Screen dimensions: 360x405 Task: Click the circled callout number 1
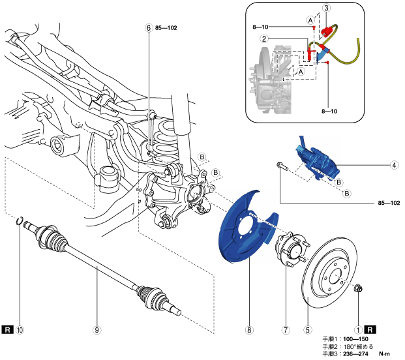point(357,330)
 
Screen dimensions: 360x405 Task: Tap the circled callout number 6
point(149,28)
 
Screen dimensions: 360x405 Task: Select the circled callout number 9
point(97,330)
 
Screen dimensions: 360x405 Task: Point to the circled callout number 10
point(20,330)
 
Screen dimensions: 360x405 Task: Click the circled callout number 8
point(248,330)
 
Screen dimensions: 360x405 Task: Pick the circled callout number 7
point(285,330)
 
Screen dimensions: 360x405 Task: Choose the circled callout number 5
point(308,330)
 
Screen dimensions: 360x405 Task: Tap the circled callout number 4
point(395,165)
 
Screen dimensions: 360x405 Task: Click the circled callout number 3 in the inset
point(327,8)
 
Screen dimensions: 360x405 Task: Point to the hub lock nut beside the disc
point(358,287)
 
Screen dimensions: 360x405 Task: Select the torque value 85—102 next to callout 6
point(167,28)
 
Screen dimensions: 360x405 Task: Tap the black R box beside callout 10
point(7,330)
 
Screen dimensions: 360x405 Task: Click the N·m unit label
point(387,354)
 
